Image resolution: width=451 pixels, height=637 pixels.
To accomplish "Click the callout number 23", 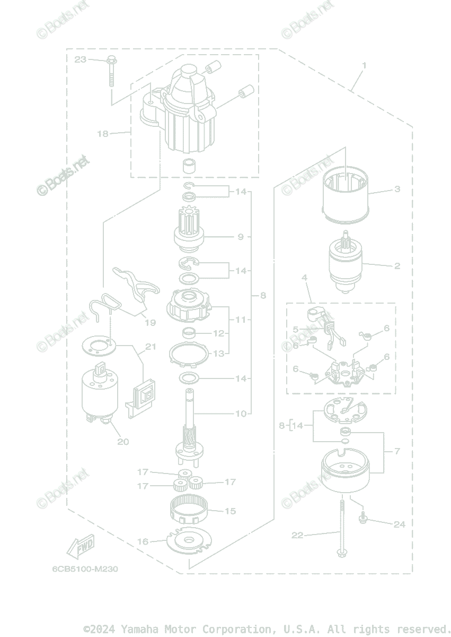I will point(80,59).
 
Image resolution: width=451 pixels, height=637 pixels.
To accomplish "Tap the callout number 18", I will point(102,134).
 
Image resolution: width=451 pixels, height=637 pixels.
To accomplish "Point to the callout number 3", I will point(397,189).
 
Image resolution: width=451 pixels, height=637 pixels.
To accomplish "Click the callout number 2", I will point(397,266).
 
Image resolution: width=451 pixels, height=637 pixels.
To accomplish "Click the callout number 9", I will point(241,237).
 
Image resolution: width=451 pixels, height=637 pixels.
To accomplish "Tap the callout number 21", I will point(151,347).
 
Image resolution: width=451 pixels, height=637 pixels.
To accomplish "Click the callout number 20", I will point(123,441).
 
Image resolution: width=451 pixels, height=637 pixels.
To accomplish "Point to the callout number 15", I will point(230,511).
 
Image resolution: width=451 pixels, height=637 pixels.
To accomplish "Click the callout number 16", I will point(143,542).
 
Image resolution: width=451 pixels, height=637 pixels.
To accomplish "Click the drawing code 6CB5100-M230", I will point(85,569).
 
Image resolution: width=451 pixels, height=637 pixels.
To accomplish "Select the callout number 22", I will point(297,535).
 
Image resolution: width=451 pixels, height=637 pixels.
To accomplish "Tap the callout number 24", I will point(399,524).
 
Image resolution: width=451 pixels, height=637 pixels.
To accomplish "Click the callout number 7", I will point(397,451).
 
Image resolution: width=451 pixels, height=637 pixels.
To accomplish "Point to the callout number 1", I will point(364,66).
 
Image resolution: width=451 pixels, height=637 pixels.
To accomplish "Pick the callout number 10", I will point(241,414).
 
